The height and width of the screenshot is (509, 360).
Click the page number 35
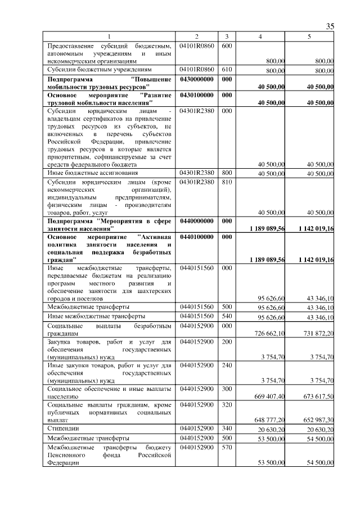tap(330, 26)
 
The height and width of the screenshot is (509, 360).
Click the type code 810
tap(227, 182)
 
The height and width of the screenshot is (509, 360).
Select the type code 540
tap(227, 317)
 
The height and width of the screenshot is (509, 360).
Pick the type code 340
tap(227, 429)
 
